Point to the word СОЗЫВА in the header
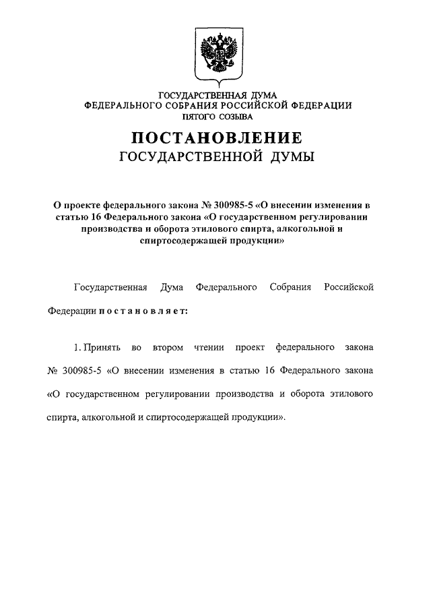234,115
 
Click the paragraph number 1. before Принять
77,348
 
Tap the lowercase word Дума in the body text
172,288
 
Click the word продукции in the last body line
261,417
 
